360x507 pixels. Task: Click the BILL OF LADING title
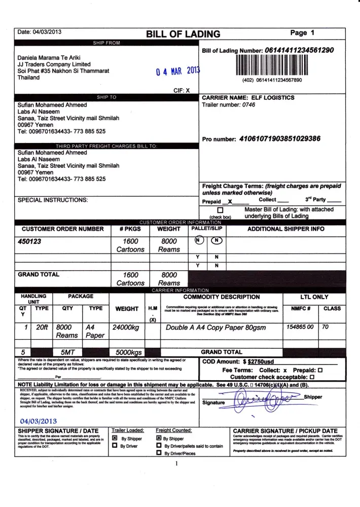point(183,34)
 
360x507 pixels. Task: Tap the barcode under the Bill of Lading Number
point(272,65)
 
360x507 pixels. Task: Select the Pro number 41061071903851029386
point(279,138)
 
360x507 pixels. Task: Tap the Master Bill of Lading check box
point(220,210)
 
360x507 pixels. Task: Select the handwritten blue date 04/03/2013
point(39,421)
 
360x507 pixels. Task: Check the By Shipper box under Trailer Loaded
point(115,438)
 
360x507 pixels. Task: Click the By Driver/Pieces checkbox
point(159,453)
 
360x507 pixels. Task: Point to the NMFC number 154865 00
point(300,327)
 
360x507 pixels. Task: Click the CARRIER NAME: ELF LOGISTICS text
point(248,97)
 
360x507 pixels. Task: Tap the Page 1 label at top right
point(303,32)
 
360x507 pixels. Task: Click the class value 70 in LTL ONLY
point(326,327)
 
